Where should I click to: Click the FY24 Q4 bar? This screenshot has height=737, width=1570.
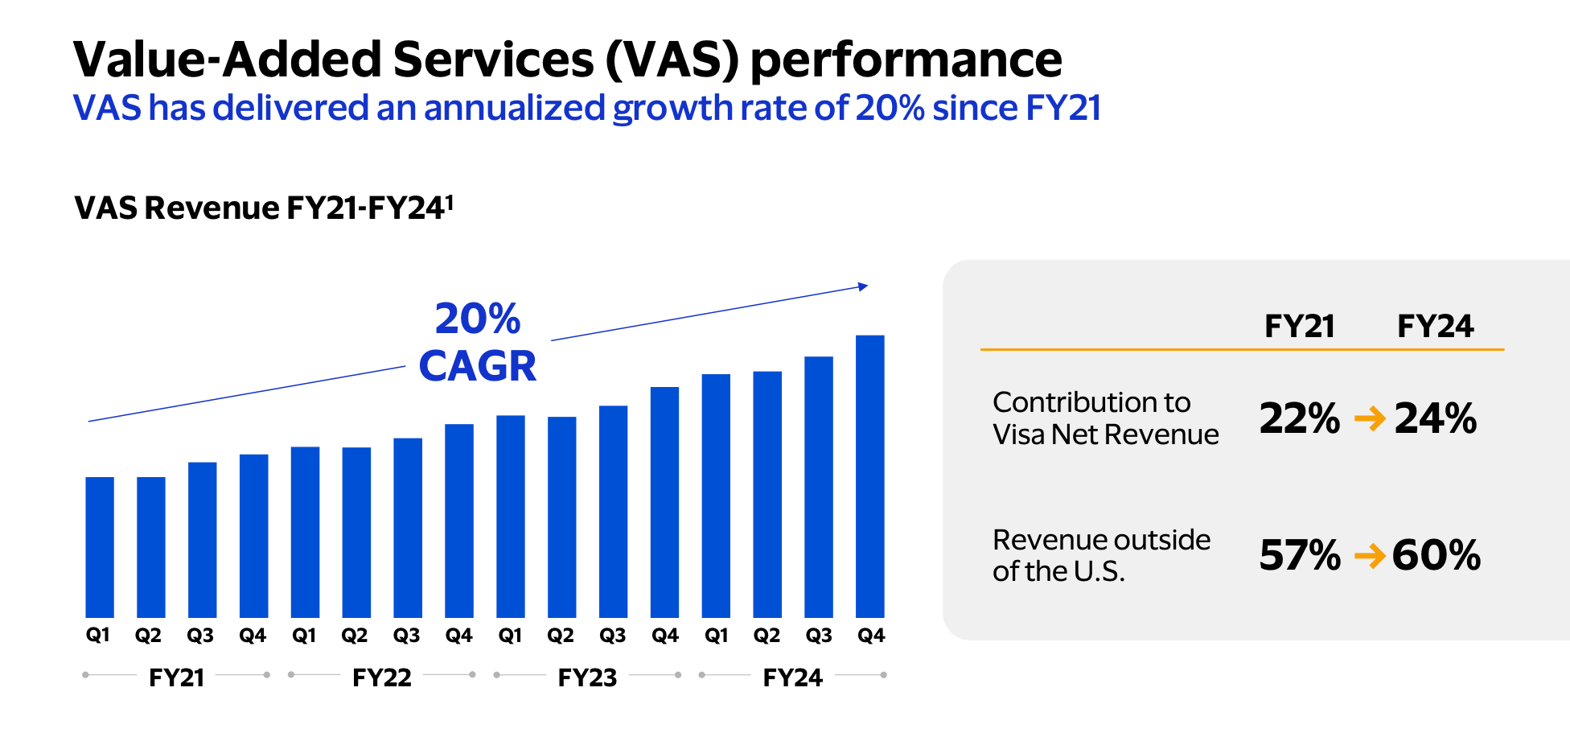coord(870,476)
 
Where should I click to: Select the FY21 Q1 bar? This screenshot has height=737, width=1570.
coord(100,547)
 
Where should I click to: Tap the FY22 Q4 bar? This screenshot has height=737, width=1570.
coord(459,521)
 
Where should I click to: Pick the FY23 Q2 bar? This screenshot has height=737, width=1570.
coord(561,517)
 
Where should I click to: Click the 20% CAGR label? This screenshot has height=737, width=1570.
coord(478,343)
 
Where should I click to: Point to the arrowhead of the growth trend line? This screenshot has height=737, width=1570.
coord(863,286)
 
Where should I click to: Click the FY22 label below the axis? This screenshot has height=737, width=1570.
coord(381,677)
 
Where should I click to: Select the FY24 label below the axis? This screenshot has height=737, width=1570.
coord(792,677)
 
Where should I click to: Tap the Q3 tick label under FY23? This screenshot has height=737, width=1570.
coord(613,636)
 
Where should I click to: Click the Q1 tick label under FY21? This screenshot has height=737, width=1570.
coord(98,636)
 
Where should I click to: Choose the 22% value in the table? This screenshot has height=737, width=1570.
coord(1299,418)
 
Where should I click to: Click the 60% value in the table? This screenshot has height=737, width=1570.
coord(1436,555)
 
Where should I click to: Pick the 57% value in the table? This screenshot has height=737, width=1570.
coord(1299,555)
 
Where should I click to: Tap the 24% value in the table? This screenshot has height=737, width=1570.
coord(1436,418)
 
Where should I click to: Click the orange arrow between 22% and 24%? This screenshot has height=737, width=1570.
coord(1370,418)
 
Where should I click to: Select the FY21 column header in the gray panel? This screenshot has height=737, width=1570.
coord(1299,327)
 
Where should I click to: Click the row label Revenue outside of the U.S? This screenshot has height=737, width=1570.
coord(1100,555)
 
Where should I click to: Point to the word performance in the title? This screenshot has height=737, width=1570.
coord(906,61)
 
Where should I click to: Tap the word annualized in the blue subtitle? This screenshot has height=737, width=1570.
coord(514,108)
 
